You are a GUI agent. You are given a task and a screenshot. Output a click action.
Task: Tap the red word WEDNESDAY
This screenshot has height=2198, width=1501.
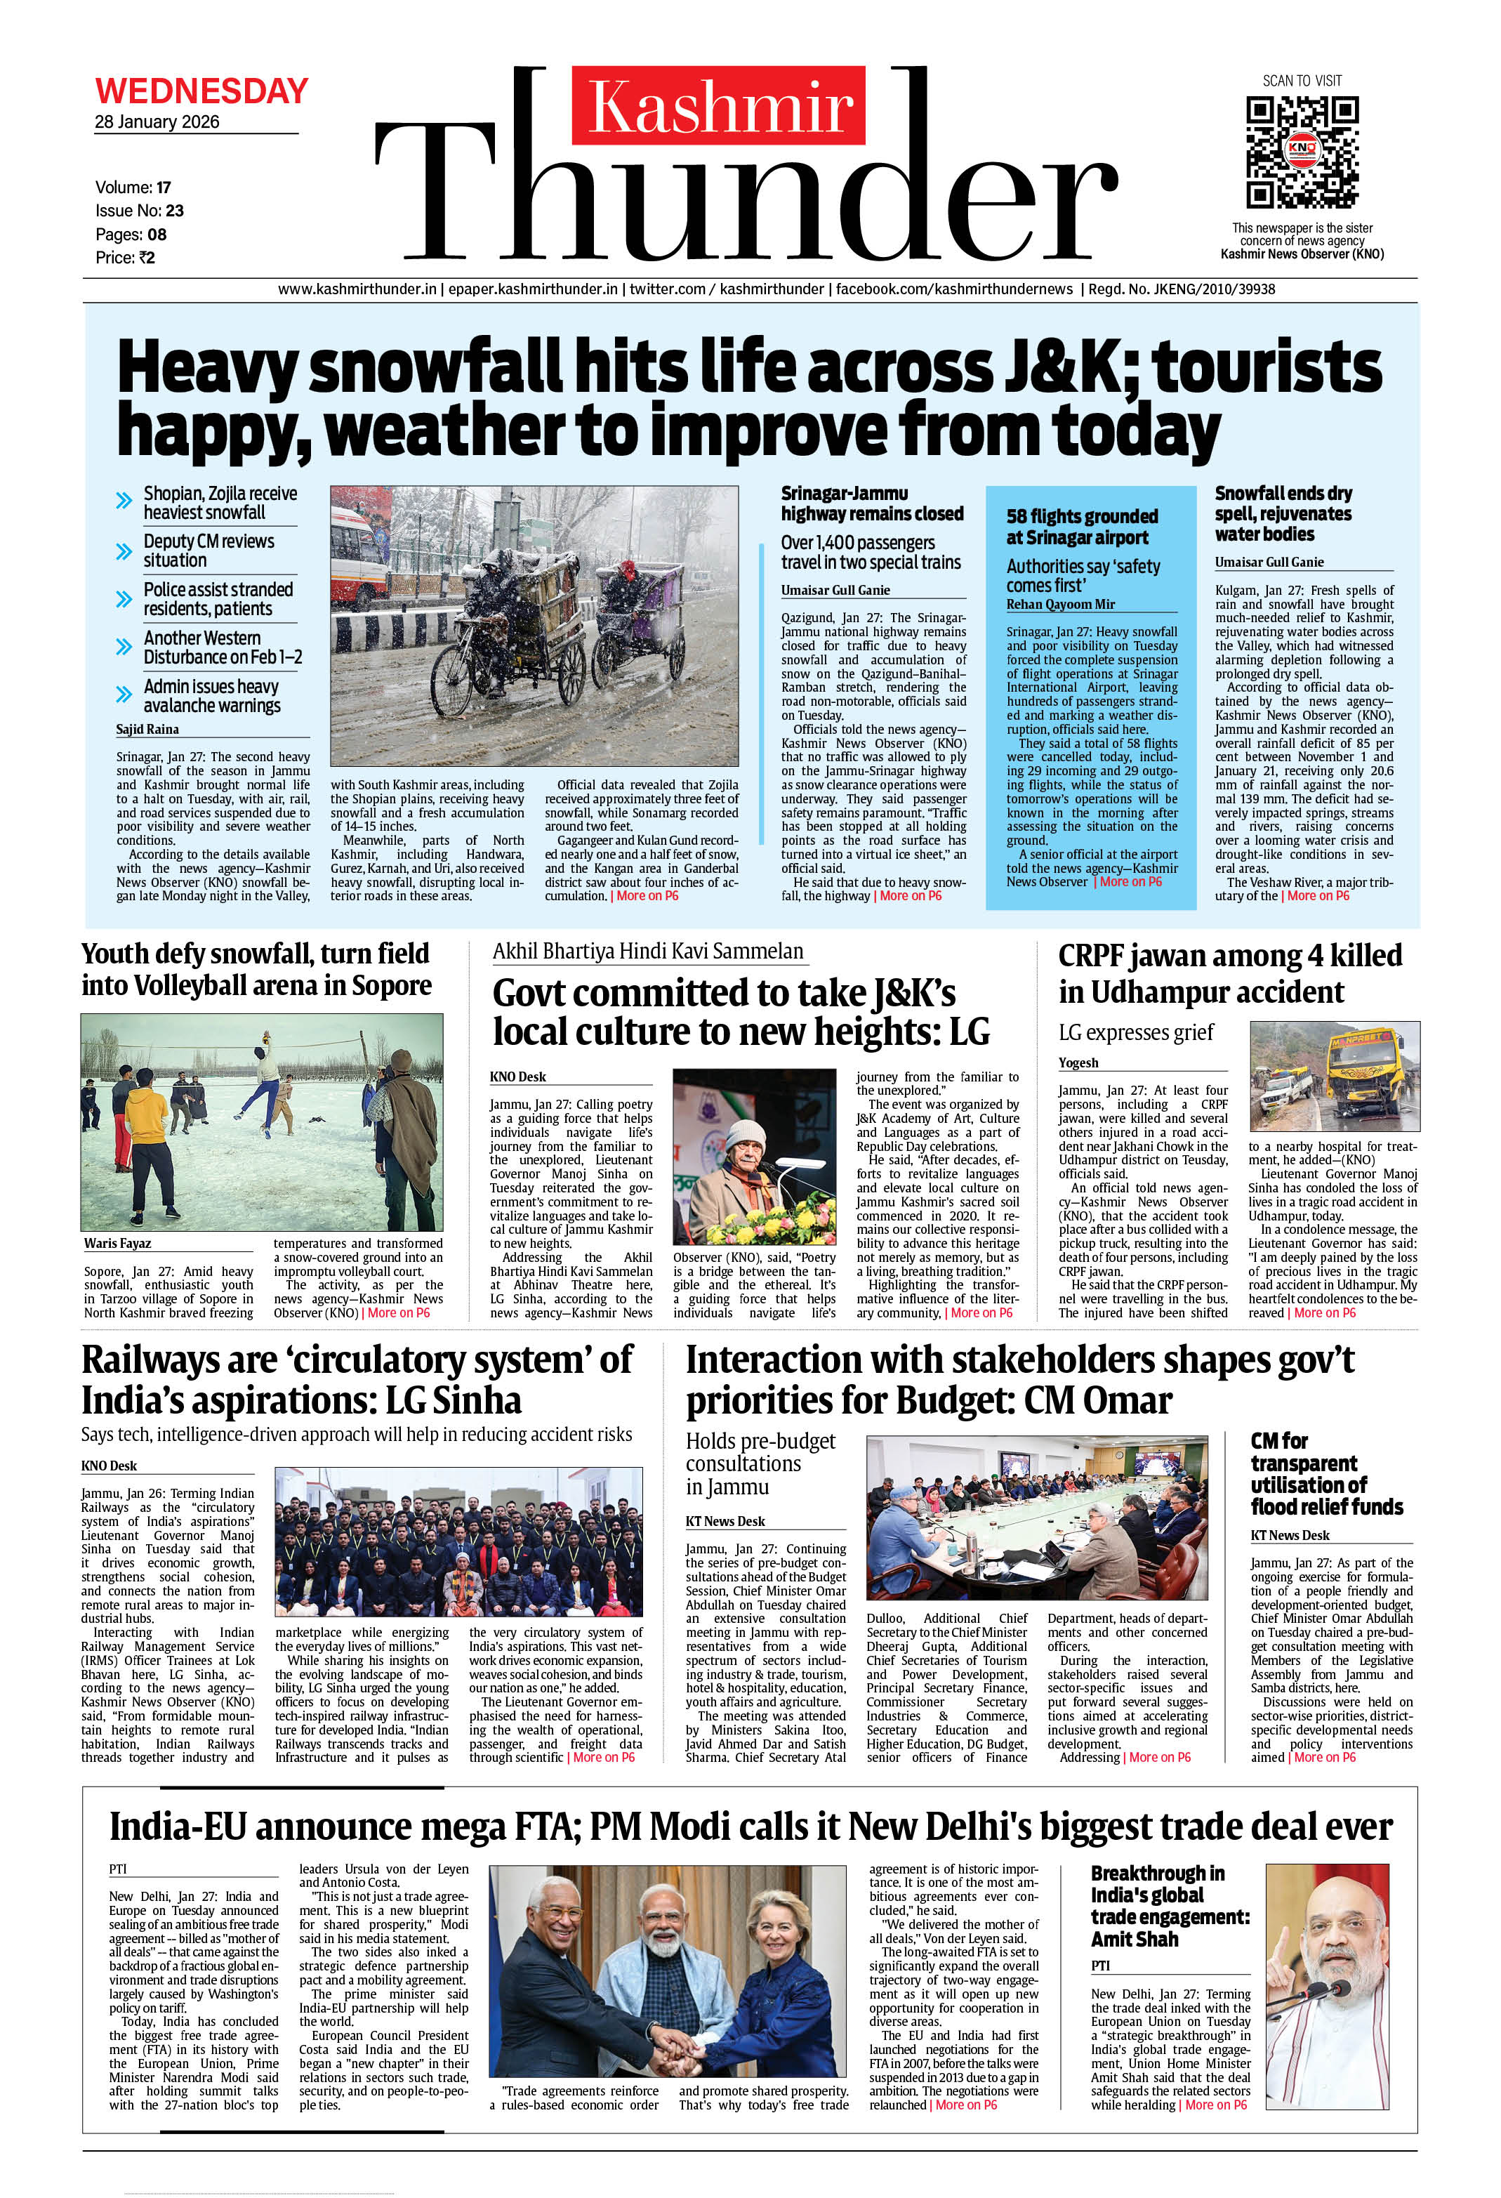click(201, 91)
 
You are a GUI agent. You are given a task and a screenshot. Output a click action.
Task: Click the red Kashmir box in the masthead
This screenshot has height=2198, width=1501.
click(718, 105)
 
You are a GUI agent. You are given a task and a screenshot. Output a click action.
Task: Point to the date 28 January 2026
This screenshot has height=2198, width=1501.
click(157, 122)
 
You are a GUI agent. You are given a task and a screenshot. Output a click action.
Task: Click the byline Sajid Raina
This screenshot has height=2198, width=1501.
click(147, 729)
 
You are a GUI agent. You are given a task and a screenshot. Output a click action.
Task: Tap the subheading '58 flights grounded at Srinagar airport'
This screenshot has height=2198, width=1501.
click(1081, 527)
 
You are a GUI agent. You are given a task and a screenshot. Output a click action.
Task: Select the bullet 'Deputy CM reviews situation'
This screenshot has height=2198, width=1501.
click(208, 551)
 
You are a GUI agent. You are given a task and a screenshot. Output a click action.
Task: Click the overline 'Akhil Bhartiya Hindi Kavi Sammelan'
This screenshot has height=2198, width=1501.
click(648, 952)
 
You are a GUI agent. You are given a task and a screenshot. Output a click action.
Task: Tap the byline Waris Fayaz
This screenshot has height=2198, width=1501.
click(117, 1243)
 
